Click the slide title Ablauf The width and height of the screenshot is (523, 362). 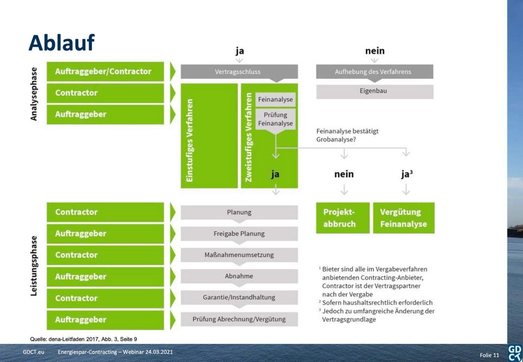tap(62, 43)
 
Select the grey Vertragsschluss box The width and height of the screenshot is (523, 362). tap(239, 72)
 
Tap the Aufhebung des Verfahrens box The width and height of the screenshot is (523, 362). tap(374, 72)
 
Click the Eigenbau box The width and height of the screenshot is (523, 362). tap(374, 91)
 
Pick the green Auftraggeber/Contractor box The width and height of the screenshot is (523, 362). tap(105, 71)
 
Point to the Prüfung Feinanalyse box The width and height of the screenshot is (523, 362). tap(275, 119)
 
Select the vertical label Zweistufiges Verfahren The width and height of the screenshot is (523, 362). tap(248, 137)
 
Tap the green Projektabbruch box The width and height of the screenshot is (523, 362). tap(342, 218)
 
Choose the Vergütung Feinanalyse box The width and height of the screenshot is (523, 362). tap(403, 218)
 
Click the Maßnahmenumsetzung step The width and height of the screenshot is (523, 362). tap(239, 255)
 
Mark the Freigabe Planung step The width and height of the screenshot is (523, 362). tap(239, 234)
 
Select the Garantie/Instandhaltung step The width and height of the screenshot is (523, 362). tap(239, 297)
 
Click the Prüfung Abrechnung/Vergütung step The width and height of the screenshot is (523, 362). tap(239, 319)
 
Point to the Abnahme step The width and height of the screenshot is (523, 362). tap(239, 276)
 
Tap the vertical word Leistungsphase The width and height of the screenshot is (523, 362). tap(34, 266)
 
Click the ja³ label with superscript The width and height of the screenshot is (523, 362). tap(407, 174)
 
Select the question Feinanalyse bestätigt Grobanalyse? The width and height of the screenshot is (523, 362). tap(347, 135)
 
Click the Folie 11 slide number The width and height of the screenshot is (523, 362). tap(489, 355)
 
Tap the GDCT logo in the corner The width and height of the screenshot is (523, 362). tap(515, 353)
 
